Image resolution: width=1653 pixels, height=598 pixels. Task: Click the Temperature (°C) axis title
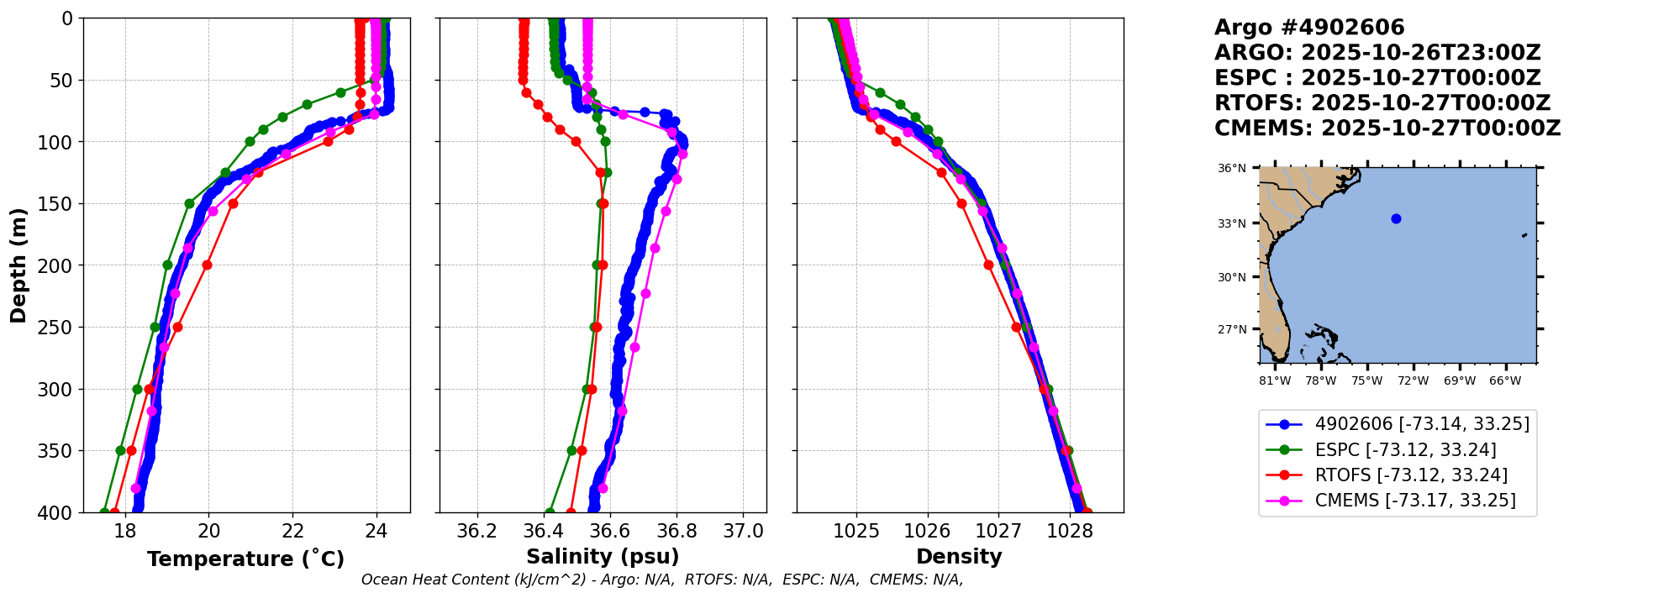[x=245, y=559]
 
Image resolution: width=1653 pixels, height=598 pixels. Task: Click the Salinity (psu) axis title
[x=603, y=557]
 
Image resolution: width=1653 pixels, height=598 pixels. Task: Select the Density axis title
[x=959, y=557]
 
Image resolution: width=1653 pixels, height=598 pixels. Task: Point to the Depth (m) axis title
[x=18, y=265]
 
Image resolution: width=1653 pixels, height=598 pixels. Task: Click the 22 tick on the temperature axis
[x=292, y=531]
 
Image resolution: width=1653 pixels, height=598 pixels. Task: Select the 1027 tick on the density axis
[x=999, y=531]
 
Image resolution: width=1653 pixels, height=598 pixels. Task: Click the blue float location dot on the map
[x=1396, y=219]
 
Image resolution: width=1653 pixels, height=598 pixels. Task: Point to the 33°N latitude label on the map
[x=1232, y=224]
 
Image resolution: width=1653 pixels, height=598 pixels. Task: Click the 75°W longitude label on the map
[x=1366, y=381]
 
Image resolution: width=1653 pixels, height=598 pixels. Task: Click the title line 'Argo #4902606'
[x=1309, y=28]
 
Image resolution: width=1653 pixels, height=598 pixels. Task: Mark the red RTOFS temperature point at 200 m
[x=207, y=265]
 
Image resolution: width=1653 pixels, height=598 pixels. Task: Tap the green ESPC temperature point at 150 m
[x=189, y=203]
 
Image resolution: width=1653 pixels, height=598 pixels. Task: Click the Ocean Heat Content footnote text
[x=662, y=580]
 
